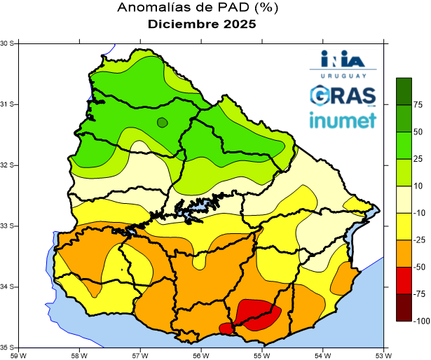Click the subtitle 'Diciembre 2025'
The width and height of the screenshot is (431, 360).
coord(202,24)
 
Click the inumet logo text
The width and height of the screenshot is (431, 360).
coord(343,120)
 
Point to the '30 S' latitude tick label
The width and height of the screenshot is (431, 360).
coord(8,43)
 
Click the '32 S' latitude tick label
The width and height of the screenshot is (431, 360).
coord(8,165)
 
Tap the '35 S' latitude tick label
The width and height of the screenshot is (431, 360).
coord(8,347)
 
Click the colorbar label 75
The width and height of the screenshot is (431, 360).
coord(418,105)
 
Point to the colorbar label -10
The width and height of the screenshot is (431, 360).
coord(418,213)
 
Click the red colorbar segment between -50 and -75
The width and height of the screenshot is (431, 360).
coord(404,280)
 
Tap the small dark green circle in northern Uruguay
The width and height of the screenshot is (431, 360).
coord(163,123)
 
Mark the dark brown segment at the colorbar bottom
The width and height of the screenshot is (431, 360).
coord(404,307)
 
